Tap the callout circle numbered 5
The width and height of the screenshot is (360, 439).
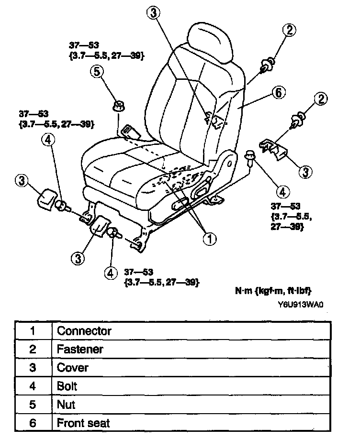point(97,72)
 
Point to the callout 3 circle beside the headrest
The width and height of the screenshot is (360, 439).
point(153,13)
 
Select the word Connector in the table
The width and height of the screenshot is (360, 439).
point(84,330)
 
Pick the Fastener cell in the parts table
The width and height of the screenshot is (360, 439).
point(80,349)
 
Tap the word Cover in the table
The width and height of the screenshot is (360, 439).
point(73,368)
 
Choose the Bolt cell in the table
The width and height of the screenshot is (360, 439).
point(67,386)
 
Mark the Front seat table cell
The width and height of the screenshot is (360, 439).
point(83,423)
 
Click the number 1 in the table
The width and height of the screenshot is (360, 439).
point(33,330)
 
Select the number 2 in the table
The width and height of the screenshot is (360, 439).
point(33,349)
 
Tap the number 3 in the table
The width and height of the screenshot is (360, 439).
point(33,368)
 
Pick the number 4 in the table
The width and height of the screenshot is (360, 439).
point(33,386)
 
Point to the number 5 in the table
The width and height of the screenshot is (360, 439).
point(33,405)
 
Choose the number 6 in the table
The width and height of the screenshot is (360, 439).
point(33,423)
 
